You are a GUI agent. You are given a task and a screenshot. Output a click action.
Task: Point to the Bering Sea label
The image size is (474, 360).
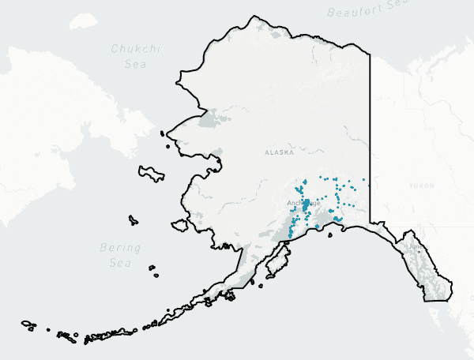point(120,254)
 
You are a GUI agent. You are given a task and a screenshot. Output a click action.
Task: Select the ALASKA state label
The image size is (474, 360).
point(279,152)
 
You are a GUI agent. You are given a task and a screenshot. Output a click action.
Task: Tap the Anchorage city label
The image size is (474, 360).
point(304,203)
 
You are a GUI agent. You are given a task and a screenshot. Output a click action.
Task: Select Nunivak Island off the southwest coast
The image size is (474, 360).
point(180,226)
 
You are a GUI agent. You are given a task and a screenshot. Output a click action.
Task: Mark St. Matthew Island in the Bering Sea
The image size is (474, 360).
point(132,220)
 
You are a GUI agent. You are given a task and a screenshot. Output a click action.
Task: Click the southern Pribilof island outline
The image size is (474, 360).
point(156,276)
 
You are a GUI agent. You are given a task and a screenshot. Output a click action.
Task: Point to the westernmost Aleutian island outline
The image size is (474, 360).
point(28,324)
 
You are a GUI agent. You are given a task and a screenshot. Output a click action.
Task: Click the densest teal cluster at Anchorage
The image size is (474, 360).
point(305,204)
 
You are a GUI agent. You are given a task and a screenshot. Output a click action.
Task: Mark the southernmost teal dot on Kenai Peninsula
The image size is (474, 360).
point(290,236)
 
